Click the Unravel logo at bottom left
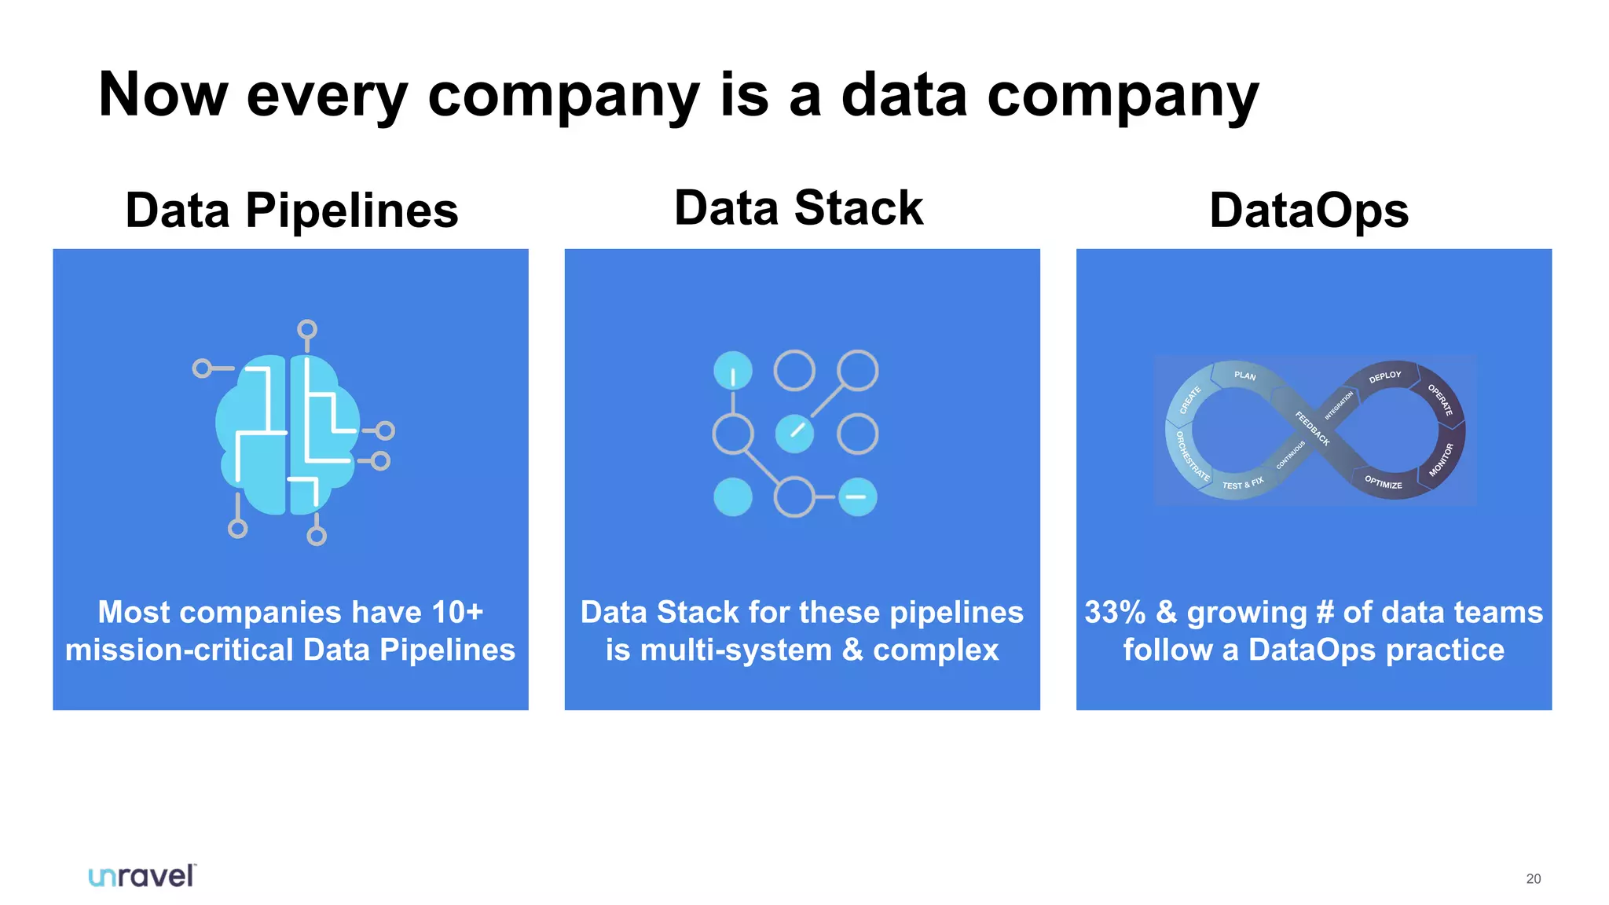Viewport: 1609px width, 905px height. [142, 876]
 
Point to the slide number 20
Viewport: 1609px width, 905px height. [1533, 879]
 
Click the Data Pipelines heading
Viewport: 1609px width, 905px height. [291, 211]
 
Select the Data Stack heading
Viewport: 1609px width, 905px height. [798, 208]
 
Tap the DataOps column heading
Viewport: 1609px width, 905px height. [1309, 211]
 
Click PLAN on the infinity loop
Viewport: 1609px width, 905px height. [1244, 376]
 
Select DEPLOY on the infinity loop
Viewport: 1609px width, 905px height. [1384, 376]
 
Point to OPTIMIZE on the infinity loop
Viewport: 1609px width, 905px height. [1383, 482]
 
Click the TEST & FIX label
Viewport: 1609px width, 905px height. [1242, 483]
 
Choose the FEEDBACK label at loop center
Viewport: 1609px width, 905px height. [1312, 429]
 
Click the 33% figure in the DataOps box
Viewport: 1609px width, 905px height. [1115, 612]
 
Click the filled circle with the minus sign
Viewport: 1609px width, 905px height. [857, 496]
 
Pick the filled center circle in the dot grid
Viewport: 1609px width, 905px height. [794, 434]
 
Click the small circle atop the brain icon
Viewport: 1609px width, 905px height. [307, 329]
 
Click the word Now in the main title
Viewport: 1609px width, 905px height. [163, 95]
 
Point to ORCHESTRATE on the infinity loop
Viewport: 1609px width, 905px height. [1191, 456]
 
